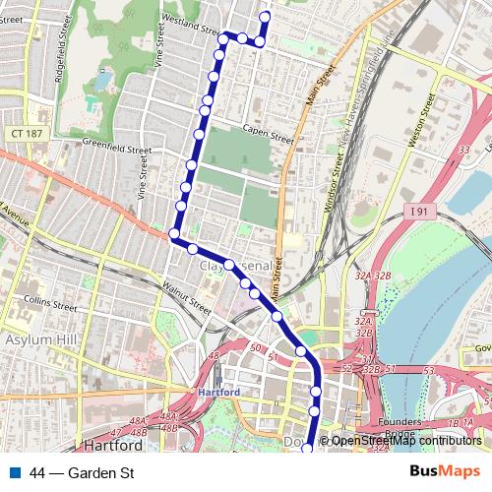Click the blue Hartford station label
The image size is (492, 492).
(x=218, y=391)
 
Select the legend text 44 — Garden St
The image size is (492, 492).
(x=82, y=473)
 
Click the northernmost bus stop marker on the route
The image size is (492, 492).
(x=264, y=16)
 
